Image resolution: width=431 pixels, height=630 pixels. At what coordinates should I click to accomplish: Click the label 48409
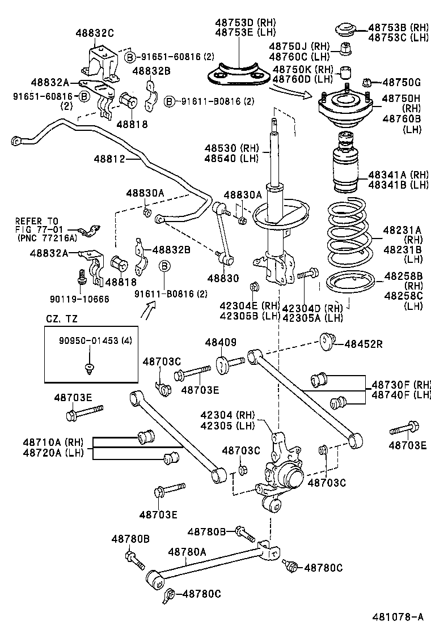coord(220,343)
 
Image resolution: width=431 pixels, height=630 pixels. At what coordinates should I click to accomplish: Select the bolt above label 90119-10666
coord(83,278)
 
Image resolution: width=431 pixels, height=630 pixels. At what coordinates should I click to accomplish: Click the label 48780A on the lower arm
coord(187,551)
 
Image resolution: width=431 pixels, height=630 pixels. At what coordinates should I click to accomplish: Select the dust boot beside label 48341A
coord(345,165)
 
